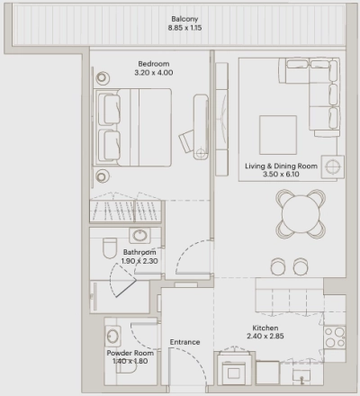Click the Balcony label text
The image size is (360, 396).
point(186,18)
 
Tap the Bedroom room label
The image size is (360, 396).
point(151,64)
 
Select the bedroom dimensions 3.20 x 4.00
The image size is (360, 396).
point(151,73)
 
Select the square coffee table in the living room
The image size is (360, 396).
point(278,133)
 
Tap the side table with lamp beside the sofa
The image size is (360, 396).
point(332,166)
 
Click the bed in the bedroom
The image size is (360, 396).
point(130,126)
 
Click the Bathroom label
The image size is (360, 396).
point(139,253)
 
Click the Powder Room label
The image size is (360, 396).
point(130,354)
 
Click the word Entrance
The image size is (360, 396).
point(184,342)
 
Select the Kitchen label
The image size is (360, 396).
point(265,328)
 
